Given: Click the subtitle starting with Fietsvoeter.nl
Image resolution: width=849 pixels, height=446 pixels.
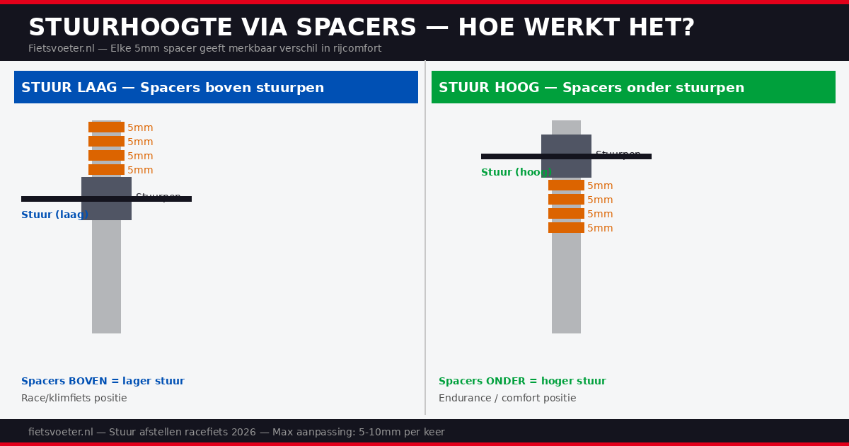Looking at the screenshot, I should pyautogui.click(x=204, y=49).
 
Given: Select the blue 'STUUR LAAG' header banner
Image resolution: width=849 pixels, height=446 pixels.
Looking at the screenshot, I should pyautogui.click(x=216, y=87).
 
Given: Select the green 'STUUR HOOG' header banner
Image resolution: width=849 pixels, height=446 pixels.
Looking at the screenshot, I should pyautogui.click(x=633, y=87).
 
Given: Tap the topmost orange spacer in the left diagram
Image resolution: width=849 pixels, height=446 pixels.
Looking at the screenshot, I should pyautogui.click(x=106, y=127).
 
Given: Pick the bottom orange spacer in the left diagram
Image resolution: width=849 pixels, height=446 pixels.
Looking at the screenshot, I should pyautogui.click(x=106, y=170).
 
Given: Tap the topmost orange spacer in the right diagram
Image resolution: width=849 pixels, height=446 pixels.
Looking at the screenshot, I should pyautogui.click(x=566, y=185).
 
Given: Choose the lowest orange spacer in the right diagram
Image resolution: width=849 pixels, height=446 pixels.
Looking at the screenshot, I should pyautogui.click(x=566, y=228).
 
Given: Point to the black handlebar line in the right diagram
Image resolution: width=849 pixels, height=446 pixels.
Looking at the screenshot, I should pyautogui.click(x=509, y=156).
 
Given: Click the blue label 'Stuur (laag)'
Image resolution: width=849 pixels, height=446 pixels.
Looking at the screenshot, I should pyautogui.click(x=54, y=215).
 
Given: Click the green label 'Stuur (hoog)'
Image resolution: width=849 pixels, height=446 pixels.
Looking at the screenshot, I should pyautogui.click(x=515, y=173).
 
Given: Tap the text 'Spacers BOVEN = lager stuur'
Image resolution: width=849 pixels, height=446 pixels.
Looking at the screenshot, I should pyautogui.click(x=103, y=382).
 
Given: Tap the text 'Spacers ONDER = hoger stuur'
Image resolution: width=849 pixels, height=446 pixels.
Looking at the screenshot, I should pyautogui.click(x=522, y=382).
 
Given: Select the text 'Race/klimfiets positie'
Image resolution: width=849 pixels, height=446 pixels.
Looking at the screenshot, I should pyautogui.click(x=74, y=399).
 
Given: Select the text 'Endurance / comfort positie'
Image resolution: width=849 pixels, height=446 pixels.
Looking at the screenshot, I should pyautogui.click(x=507, y=399).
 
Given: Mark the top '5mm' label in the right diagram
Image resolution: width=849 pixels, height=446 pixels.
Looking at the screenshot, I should pyautogui.click(x=600, y=186).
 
